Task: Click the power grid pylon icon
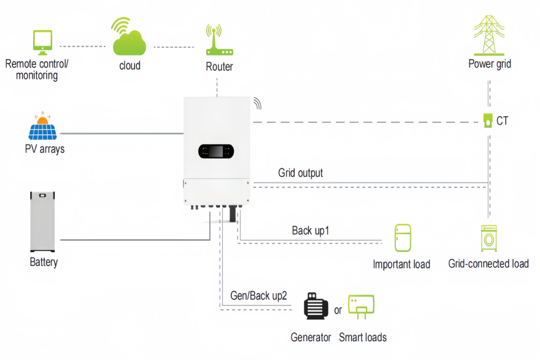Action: tap(490, 35)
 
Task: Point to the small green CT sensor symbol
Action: tap(487, 121)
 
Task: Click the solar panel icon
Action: tap(43, 126)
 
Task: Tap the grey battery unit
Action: tap(42, 221)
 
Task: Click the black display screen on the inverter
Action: tap(216, 152)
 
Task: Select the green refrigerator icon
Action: tap(402, 238)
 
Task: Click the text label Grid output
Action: tap(300, 173)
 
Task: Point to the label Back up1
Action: tap(311, 231)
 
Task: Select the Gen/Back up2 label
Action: tap(258, 296)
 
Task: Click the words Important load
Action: tap(401, 264)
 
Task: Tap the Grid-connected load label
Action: tap(488, 264)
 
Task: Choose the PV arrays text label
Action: tap(45, 148)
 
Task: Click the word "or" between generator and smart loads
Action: tap(338, 310)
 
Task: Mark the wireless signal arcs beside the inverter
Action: tap(257, 103)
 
